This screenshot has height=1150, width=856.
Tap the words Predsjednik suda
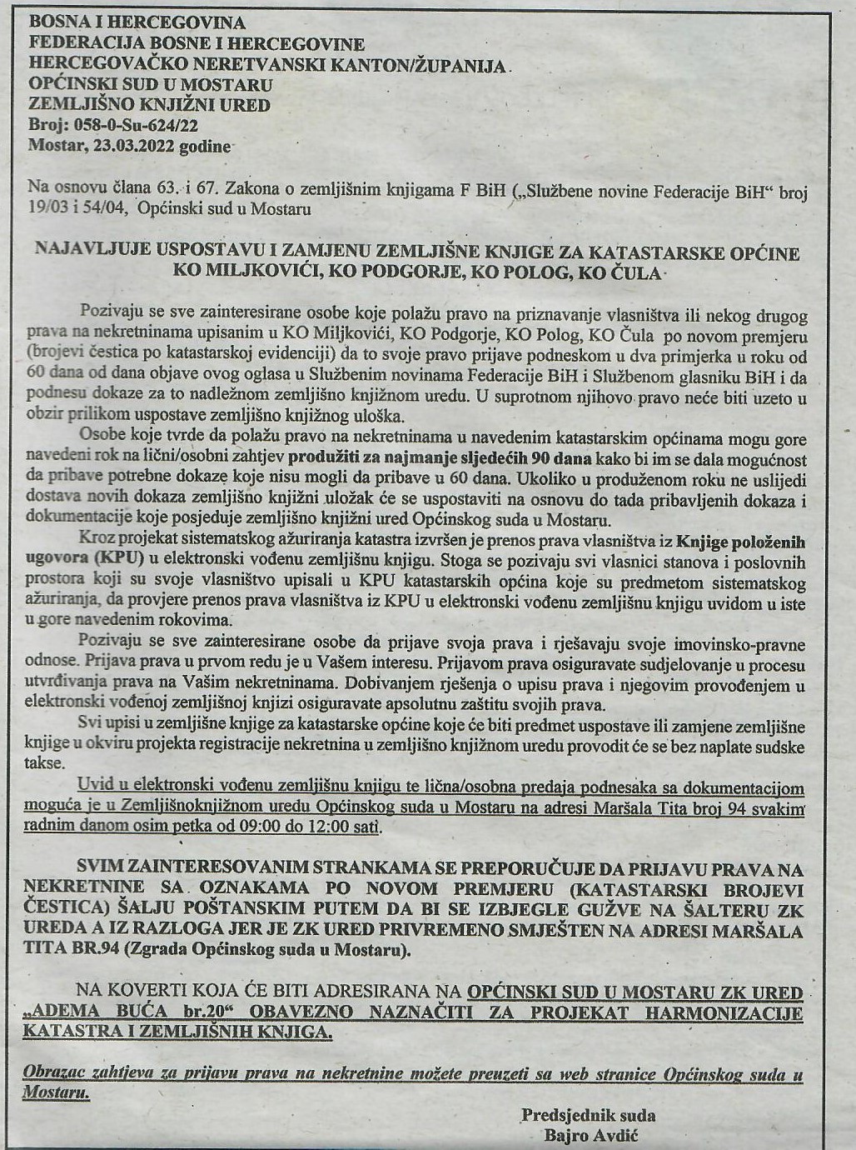[589, 1114]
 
